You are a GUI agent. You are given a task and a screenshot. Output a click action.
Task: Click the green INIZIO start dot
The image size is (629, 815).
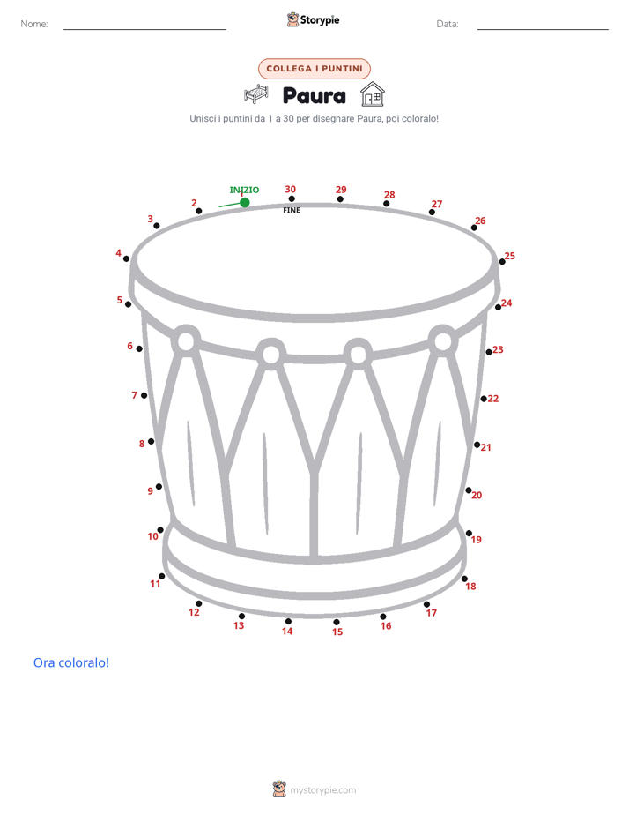pos(244,202)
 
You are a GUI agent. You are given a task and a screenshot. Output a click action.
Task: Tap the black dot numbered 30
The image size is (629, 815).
pos(292,198)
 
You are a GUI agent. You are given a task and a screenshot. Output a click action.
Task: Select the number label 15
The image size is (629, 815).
pos(337,632)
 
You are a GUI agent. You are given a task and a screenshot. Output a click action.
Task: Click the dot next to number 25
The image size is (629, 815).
pos(502,261)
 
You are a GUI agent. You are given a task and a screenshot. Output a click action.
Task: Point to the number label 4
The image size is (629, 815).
pos(118,253)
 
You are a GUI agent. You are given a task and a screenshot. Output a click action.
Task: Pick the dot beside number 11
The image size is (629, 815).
pos(162,576)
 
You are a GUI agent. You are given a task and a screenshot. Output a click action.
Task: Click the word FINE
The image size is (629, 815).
pos(292,210)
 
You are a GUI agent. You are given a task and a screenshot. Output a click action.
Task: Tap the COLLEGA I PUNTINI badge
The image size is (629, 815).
pos(314,69)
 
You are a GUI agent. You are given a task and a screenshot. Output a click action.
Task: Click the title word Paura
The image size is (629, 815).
pos(314,96)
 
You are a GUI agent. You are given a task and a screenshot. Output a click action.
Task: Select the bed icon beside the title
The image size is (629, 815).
pos(256,94)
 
